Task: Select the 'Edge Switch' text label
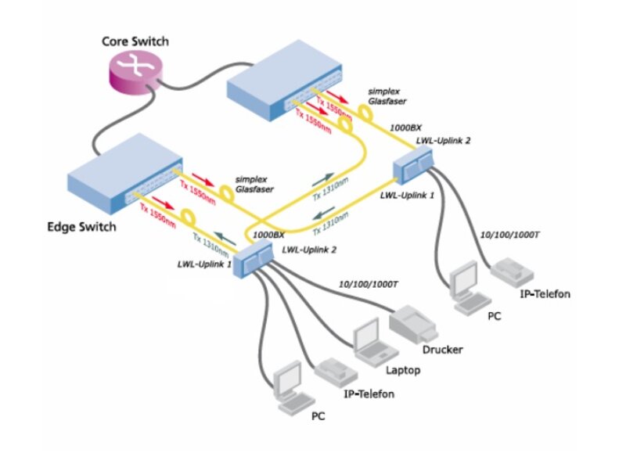click(81, 227)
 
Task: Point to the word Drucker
click(442, 349)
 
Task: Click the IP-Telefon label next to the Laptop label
click(369, 393)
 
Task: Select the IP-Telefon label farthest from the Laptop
click(545, 295)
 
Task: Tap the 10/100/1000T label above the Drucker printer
click(368, 284)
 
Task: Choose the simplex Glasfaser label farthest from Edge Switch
click(390, 95)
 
